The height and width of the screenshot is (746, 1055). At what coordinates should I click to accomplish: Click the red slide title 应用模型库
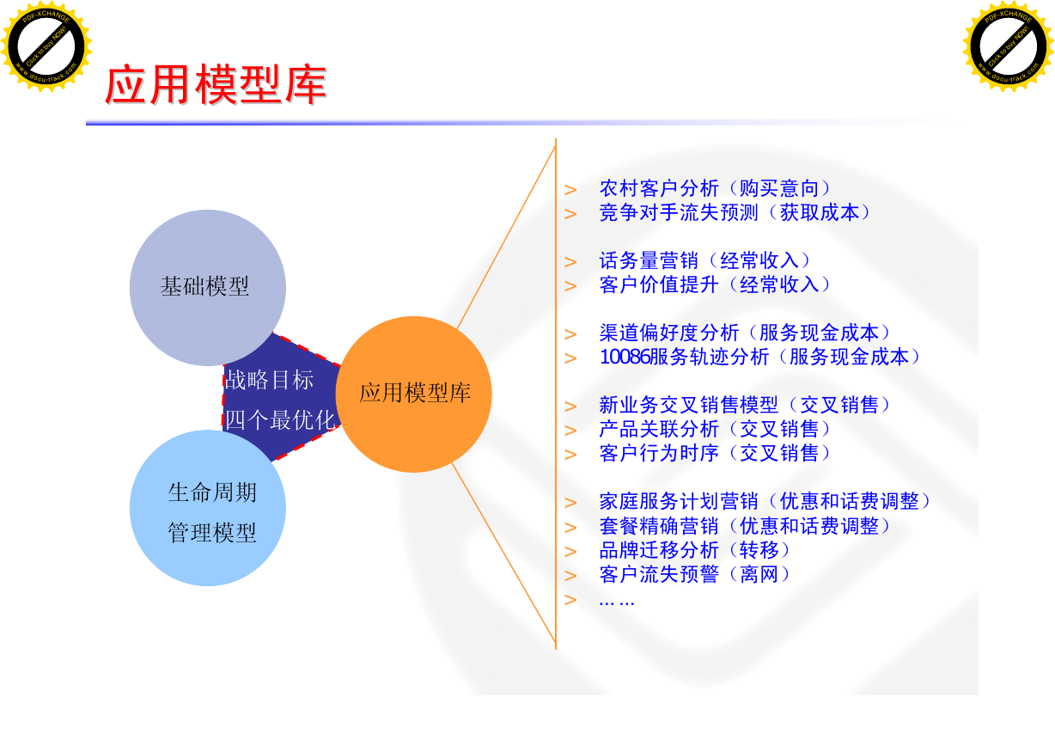216,85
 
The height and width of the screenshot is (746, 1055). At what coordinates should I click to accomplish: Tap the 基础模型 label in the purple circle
204,286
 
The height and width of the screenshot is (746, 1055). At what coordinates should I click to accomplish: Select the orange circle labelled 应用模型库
413,394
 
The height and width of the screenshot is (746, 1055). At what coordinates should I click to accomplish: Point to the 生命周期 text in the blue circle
212,492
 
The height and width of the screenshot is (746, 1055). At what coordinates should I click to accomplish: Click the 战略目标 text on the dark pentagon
269,380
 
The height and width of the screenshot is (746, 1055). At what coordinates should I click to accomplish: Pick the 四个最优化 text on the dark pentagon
280,420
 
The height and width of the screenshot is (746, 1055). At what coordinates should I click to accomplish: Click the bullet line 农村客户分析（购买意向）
714,188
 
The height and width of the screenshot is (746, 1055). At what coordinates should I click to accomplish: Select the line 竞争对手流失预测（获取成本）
734,212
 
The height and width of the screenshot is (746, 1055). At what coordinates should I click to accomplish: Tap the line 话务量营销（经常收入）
704,260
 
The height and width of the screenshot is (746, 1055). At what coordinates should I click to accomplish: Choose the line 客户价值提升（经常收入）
714,284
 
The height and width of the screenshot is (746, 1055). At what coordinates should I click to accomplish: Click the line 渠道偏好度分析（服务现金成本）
744,333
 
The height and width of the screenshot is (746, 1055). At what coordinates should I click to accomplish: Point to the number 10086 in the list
625,357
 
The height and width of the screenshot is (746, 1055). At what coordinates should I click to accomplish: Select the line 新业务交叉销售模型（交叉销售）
744,405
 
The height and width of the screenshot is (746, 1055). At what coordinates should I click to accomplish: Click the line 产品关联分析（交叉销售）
714,429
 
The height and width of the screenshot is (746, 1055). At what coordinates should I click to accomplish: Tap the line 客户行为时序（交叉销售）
714,453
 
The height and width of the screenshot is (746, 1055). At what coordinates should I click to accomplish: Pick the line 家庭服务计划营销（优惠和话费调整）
764,501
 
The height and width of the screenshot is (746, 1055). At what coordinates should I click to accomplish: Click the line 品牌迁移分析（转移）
694,550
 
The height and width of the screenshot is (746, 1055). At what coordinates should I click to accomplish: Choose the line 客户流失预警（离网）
694,574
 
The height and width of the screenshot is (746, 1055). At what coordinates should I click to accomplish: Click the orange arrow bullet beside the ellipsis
570,599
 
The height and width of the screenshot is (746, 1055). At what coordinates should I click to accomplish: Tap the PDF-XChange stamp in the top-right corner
1009,46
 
